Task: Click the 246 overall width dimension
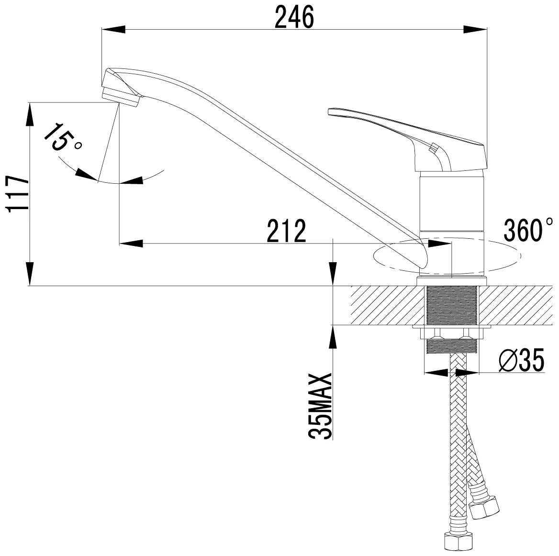294,17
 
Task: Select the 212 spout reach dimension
287,231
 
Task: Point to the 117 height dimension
18,194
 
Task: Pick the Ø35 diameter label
522,360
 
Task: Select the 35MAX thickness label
320,406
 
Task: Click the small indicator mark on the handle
434,148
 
